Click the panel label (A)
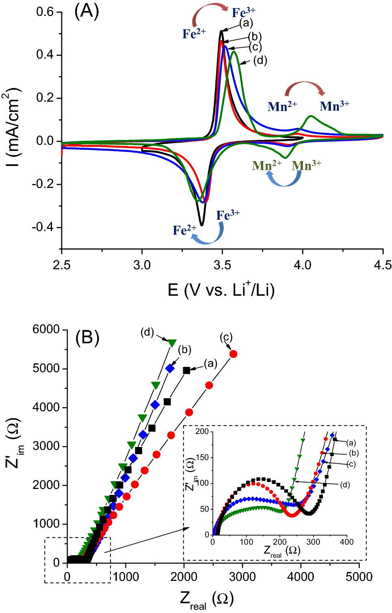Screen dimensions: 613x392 pyautogui.click(x=87, y=11)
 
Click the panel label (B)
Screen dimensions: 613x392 pyautogui.click(x=87, y=338)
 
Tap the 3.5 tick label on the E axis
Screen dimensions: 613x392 pyautogui.click(x=222, y=265)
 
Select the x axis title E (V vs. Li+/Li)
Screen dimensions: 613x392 pyautogui.click(x=221, y=290)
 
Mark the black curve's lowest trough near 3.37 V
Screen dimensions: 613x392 pyautogui.click(x=201, y=225)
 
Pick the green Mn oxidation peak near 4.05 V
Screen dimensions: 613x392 pyautogui.click(x=311, y=116)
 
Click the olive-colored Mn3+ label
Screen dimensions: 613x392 pyautogui.click(x=306, y=166)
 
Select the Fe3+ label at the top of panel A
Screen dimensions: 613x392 pyautogui.click(x=244, y=13)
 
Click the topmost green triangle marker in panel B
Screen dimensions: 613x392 pyautogui.click(x=172, y=343)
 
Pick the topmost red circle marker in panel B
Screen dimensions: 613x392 pyautogui.click(x=233, y=354)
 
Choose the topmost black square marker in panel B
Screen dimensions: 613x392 pyautogui.click(x=186, y=370)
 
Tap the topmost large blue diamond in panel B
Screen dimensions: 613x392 pyautogui.click(x=170, y=369)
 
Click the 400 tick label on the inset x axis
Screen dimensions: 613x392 pyautogui.click(x=347, y=542)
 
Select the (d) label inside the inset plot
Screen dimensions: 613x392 pyautogui.click(x=345, y=484)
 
